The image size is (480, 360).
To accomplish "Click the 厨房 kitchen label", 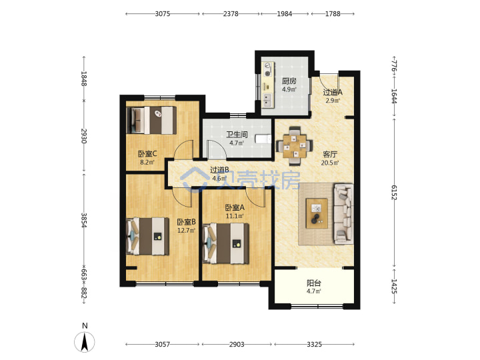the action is [x=289, y=81].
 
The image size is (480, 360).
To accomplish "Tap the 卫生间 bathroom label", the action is [x=237, y=135].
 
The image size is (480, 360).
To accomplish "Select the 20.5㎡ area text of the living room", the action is [x=330, y=163].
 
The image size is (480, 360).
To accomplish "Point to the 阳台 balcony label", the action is [x=314, y=283].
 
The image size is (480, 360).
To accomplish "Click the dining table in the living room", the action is [x=295, y=146].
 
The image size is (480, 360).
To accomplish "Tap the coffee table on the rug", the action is [x=317, y=213].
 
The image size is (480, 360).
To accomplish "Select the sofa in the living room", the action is [x=343, y=214].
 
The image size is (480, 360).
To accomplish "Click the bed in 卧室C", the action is [x=151, y=120].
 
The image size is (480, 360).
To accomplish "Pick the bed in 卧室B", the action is [x=147, y=236].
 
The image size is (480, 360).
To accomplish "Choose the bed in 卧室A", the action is [x=225, y=243].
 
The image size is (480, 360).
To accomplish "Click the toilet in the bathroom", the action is [x=263, y=139].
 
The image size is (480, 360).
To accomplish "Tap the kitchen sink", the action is [x=267, y=99].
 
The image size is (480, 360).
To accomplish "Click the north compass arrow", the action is [x=85, y=341].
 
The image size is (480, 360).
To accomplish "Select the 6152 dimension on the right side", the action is [x=394, y=192].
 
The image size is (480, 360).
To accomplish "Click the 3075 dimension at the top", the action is [x=162, y=14].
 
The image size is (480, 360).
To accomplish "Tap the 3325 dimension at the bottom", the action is [x=315, y=345].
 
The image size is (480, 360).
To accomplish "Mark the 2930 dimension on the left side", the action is [x=83, y=136].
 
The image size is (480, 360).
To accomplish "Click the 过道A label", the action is [x=333, y=92].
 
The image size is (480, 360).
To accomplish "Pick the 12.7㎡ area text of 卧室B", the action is [x=187, y=230].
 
